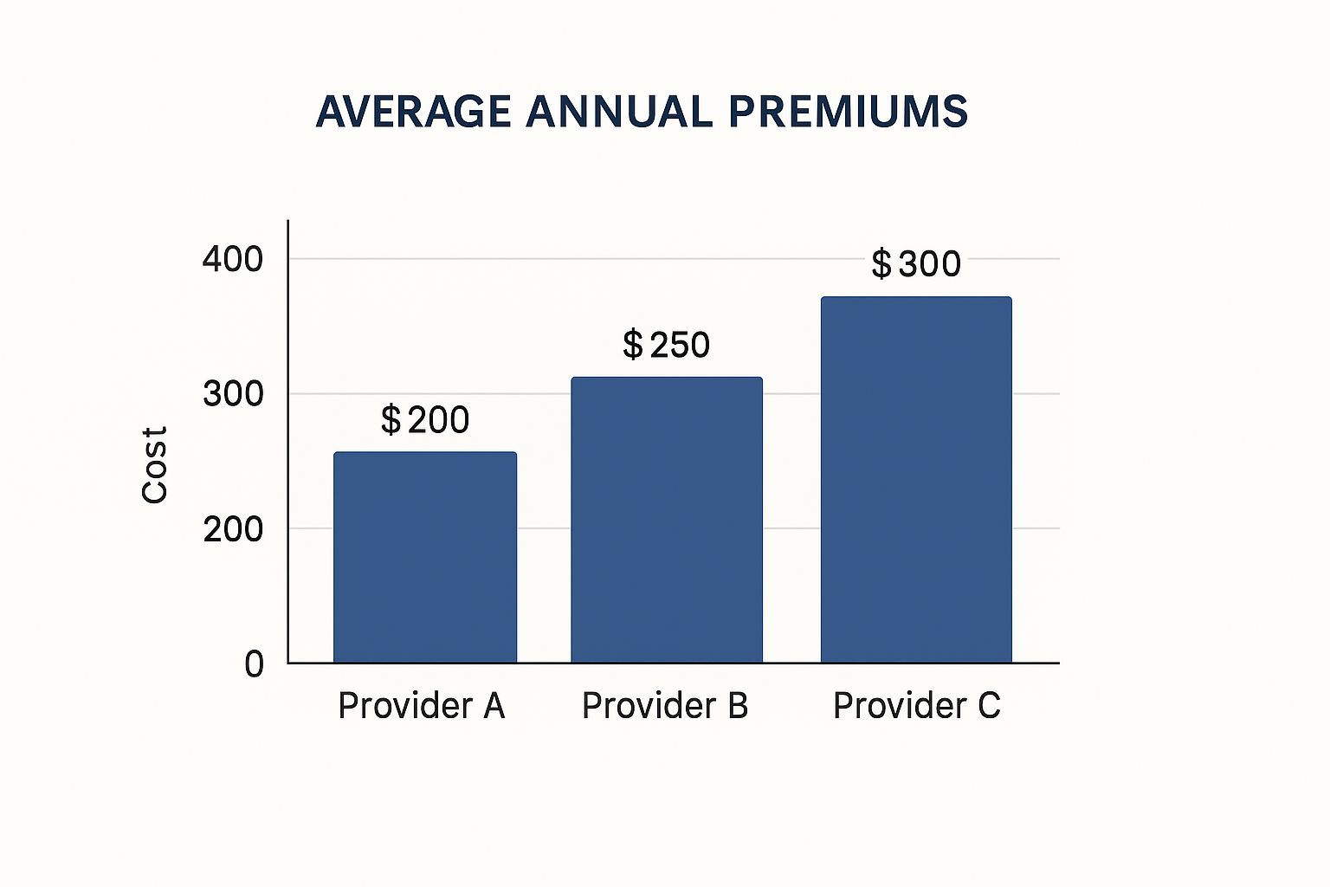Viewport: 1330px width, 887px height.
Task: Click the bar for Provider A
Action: [425, 557]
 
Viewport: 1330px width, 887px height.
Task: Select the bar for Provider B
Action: [667, 520]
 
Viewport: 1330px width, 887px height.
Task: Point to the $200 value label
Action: [425, 420]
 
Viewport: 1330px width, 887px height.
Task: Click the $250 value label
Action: [667, 345]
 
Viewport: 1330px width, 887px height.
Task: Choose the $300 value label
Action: [916, 263]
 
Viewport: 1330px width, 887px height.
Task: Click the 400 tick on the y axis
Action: [232, 259]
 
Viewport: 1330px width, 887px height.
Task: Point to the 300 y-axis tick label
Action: [232, 394]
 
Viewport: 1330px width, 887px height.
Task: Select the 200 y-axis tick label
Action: [232, 528]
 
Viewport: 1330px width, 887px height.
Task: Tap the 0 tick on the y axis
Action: [254, 664]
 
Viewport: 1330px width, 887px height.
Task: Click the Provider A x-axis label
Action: [421, 706]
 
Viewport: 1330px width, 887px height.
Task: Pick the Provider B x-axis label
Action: [665, 706]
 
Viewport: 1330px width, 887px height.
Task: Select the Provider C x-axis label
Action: [916, 706]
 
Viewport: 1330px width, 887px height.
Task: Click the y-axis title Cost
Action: [154, 464]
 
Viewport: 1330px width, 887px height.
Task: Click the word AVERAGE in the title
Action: [414, 112]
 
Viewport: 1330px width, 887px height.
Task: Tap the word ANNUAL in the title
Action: [619, 112]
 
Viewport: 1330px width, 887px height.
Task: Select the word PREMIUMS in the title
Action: [848, 112]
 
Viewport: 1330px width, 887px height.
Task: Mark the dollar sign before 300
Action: [881, 263]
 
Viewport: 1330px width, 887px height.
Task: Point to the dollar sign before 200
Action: [391, 420]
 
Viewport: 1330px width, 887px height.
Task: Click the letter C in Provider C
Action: [988, 706]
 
